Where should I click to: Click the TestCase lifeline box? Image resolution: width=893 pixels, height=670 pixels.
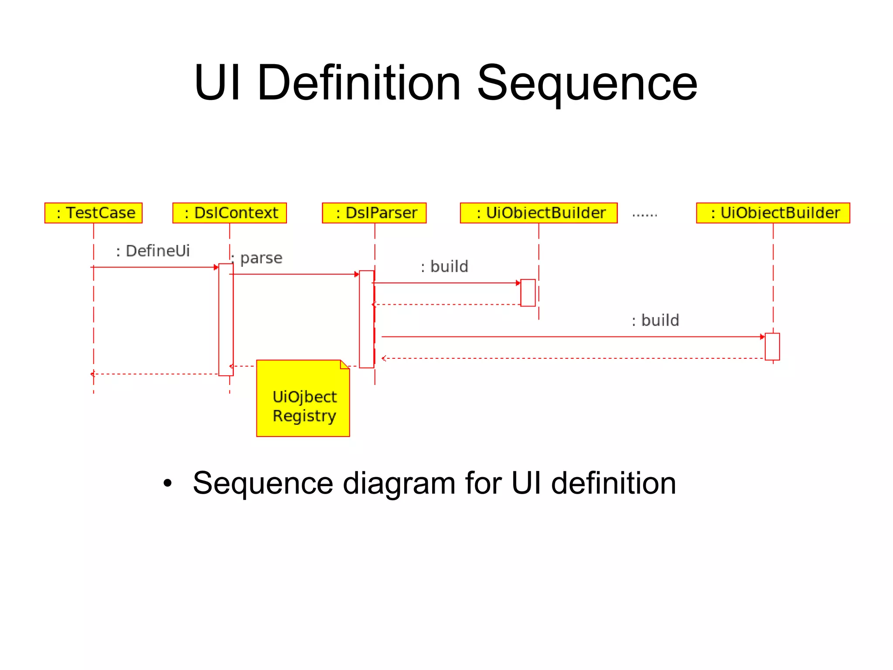coord(93,213)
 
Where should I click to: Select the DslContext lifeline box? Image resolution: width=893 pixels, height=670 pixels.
coord(229,213)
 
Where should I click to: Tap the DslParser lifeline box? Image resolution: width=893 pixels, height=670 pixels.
coord(374,213)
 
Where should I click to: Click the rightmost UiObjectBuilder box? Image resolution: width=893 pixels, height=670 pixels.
coord(773,213)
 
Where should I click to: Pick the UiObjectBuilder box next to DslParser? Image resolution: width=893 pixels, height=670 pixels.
coord(539,213)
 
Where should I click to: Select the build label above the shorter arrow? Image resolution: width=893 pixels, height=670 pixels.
coord(444,267)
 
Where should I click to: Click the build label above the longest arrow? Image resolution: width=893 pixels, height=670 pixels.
coord(655,320)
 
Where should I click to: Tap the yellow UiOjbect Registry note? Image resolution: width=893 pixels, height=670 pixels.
coord(303,399)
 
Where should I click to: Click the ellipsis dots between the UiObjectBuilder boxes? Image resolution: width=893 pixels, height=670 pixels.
coord(644,215)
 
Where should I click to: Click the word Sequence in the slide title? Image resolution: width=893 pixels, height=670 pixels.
coord(587,83)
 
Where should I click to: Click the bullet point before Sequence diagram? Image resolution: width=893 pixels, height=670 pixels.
coord(167,484)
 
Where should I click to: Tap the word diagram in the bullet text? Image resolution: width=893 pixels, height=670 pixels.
coord(399,484)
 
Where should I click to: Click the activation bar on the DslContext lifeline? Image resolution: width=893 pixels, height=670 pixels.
coord(226,319)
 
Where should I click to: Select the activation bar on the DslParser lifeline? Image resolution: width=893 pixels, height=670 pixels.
coord(366,319)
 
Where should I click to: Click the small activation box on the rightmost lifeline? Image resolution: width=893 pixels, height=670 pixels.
coord(772,347)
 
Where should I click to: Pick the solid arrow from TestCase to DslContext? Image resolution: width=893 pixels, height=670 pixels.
coord(155,267)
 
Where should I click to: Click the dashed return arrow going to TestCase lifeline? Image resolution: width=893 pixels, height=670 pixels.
coord(155,374)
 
